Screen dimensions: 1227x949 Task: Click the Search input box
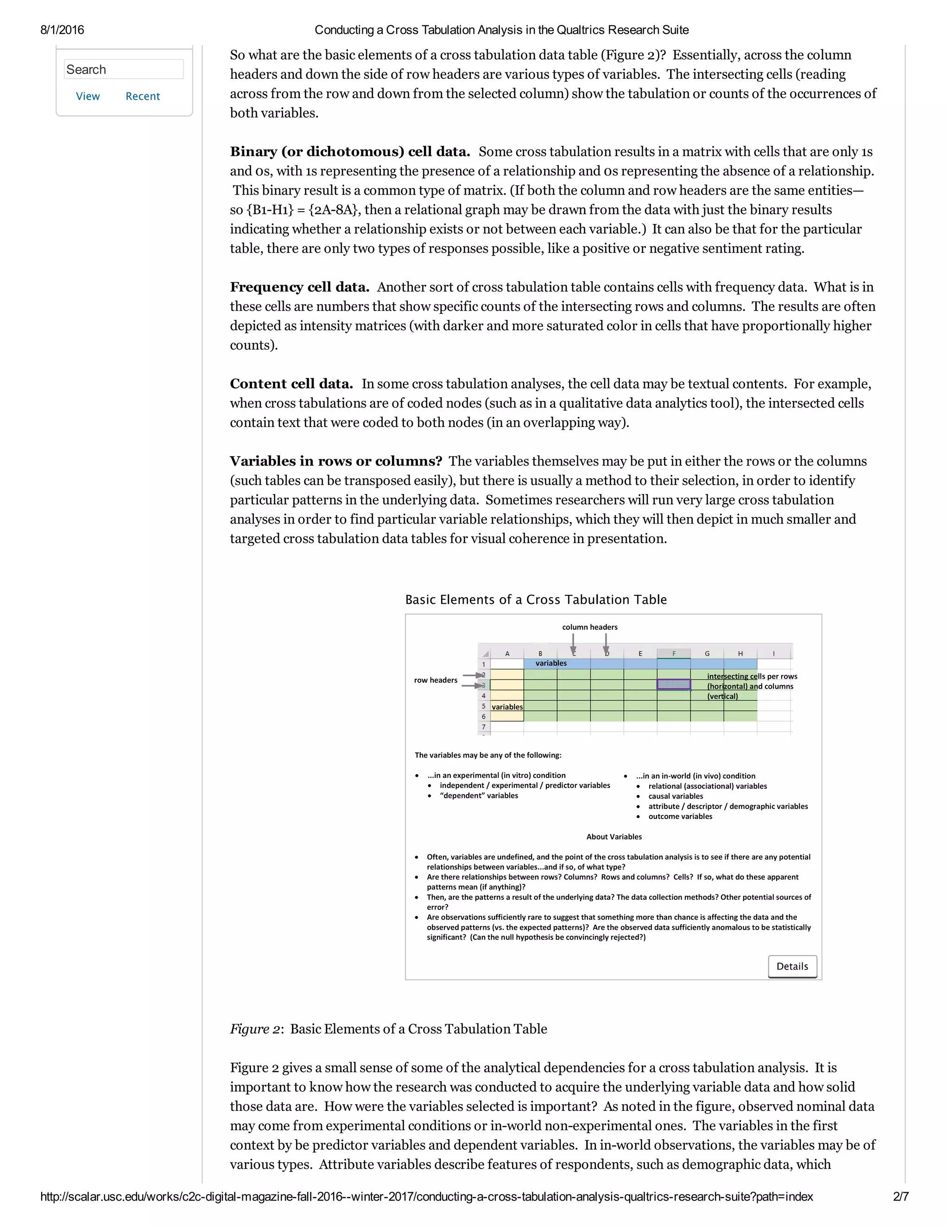124,69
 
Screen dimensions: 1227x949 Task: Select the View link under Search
88,96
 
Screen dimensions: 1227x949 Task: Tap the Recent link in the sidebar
142,96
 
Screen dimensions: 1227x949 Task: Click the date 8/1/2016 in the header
62,30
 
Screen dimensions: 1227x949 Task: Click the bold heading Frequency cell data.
299,287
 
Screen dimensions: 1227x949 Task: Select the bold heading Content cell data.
291,384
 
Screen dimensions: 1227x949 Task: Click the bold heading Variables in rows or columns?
335,461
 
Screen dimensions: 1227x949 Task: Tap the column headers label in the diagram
590,627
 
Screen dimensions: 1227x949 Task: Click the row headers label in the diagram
436,680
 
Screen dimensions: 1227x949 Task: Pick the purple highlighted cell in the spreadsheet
673,684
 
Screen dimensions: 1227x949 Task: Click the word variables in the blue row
551,663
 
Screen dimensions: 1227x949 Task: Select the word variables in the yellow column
507,707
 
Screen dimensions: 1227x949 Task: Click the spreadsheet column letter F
673,653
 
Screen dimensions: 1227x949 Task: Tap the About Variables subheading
614,837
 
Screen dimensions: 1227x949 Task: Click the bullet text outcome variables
680,816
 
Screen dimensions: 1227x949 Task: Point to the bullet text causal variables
676,796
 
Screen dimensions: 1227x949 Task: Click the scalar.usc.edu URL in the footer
426,1196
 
